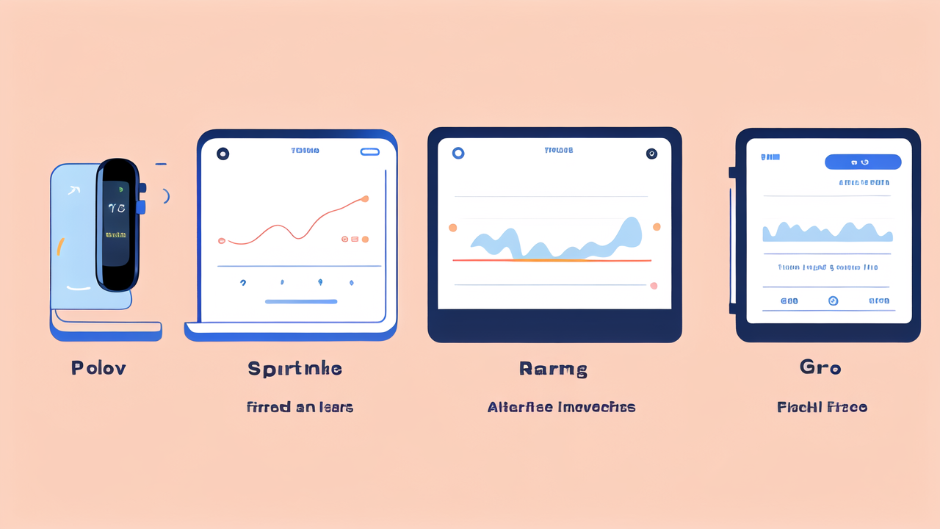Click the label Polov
pos(98,368)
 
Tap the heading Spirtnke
pos(294,368)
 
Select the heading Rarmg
pos(553,369)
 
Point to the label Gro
pos(820,367)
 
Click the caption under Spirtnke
pos(300,407)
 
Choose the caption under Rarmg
pos(561,407)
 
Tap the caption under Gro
pos(822,407)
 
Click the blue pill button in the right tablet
pos(863,162)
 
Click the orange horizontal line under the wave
pos(552,260)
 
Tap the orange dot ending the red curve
pos(365,198)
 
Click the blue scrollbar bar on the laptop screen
pos(301,301)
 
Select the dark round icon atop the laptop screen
pos(223,154)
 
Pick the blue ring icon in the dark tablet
pos(458,153)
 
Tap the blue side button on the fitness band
pos(140,207)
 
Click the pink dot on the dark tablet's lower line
pos(654,286)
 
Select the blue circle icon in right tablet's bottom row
pos(833,301)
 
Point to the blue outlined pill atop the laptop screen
pos(370,151)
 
